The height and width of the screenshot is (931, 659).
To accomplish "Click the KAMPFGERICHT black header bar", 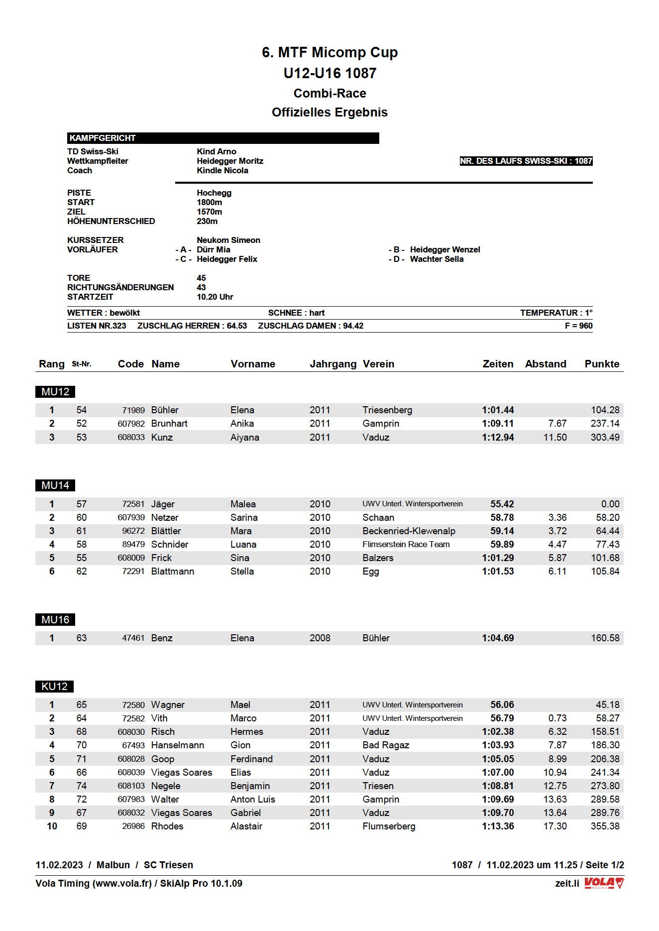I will coord(223,138).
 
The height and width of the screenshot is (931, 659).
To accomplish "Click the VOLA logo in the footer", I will coord(604,883).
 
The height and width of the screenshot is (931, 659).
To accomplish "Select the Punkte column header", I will coord(602,364).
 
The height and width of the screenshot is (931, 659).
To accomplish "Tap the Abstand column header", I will coord(546,364).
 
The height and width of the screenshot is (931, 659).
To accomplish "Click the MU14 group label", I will coord(55,485).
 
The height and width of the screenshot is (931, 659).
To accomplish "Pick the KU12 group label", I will coord(55,687).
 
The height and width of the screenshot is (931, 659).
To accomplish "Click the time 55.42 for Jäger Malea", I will coord(502,504).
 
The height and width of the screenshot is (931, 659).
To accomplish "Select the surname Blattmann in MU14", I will coord(173,571).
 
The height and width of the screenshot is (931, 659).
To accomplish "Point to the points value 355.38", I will coord(605,826).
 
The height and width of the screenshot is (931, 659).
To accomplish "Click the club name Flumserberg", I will coord(389,826).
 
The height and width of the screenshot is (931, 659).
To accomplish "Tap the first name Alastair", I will coord(246,826).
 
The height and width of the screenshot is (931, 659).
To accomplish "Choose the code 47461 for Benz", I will coord(133,638).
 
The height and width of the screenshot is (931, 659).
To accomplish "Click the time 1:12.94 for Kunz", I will coord(498,437).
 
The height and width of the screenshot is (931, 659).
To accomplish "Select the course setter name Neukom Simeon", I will coord(228,240).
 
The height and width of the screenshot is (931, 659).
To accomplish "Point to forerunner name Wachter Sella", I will coord(437,259).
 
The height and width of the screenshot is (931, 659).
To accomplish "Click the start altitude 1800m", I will coord(210,202).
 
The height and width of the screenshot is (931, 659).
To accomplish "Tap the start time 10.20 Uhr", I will coord(215,297).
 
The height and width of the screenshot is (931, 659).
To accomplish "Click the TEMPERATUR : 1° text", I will coord(556,313).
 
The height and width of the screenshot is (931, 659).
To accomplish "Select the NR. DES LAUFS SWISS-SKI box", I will coord(526,161).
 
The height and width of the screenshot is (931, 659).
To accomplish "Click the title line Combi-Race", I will coord(329,93).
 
